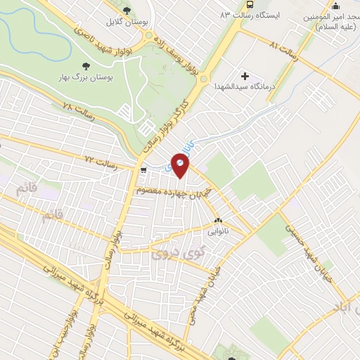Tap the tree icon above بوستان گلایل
[x=127, y=10]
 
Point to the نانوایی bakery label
[x=216, y=230]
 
